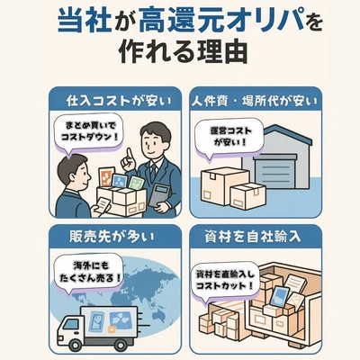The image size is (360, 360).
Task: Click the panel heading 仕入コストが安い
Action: tap(119, 101)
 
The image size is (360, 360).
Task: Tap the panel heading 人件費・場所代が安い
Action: tap(255, 102)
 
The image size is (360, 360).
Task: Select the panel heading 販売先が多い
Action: tap(112, 237)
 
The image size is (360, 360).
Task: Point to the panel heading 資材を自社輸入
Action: tap(252, 237)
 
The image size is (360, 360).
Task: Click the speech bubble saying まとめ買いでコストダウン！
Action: tap(88, 133)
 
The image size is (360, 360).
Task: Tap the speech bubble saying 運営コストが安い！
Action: tap(229, 137)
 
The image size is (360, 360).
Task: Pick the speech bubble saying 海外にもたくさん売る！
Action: tap(89, 273)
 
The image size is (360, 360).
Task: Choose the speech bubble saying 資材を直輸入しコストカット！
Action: tap(225, 280)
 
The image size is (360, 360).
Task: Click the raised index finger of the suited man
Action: tap(130, 155)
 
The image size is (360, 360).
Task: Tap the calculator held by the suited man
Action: tap(159, 195)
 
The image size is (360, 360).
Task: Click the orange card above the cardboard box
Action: tap(106, 177)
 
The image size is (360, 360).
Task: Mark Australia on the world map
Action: tap(158, 314)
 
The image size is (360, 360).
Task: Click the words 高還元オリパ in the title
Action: tap(221, 21)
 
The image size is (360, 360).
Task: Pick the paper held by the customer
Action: tap(103, 205)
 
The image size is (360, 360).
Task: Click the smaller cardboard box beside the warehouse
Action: tap(248, 196)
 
